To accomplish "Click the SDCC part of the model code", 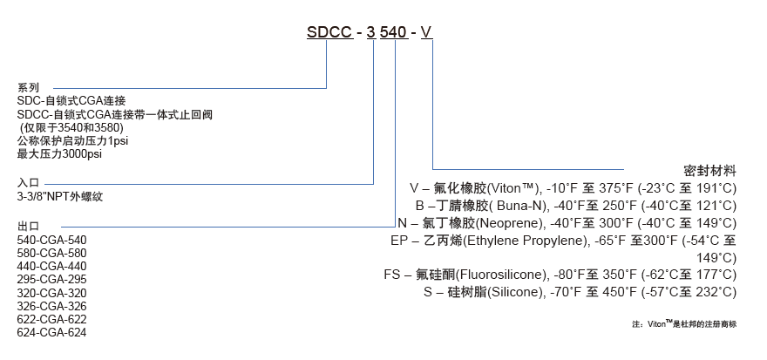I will [x=329, y=32].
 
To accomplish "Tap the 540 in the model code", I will [x=396, y=32].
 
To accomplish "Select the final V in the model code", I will [x=426, y=32].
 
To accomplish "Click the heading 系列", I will [x=29, y=87].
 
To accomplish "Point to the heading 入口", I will [x=29, y=182].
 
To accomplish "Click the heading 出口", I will [x=29, y=225].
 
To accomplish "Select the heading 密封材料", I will [x=711, y=169].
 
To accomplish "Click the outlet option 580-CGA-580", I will [x=52, y=253].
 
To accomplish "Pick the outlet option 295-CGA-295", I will [x=52, y=279].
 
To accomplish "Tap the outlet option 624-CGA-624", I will [x=52, y=332].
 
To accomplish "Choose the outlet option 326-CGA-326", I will [x=52, y=306].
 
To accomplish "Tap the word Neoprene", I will [x=514, y=222].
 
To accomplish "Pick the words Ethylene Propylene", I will [x=522, y=240].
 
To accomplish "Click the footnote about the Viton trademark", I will [x=685, y=323].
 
